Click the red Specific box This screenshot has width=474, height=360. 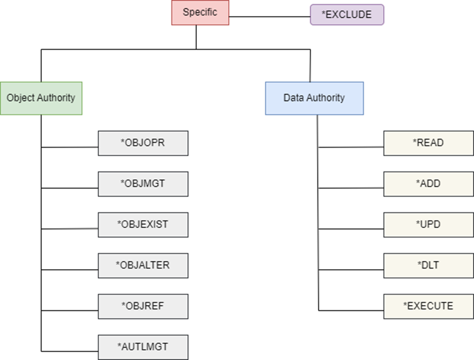[200, 13]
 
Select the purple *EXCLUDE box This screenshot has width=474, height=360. [347, 15]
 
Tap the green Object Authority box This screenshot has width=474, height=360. [41, 98]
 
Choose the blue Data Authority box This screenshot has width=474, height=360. [314, 98]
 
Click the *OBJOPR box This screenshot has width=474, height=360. [143, 143]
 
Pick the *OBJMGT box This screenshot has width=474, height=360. [143, 183]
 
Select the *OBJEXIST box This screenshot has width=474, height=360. [143, 224]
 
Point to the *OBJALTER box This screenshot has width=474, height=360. [143, 265]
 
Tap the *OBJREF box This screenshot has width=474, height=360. [143, 306]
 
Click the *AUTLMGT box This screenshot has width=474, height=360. [143, 346]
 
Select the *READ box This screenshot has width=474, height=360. [429, 143]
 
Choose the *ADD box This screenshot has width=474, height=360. [429, 183]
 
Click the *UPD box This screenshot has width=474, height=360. [429, 224]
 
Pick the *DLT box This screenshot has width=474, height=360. [429, 265]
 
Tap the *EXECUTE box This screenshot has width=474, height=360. [429, 306]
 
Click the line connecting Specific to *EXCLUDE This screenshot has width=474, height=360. [269, 17]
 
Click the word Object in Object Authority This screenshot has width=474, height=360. [20, 98]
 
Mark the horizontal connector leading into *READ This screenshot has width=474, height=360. [351, 147]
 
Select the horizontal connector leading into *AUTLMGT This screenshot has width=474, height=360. [69, 351]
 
